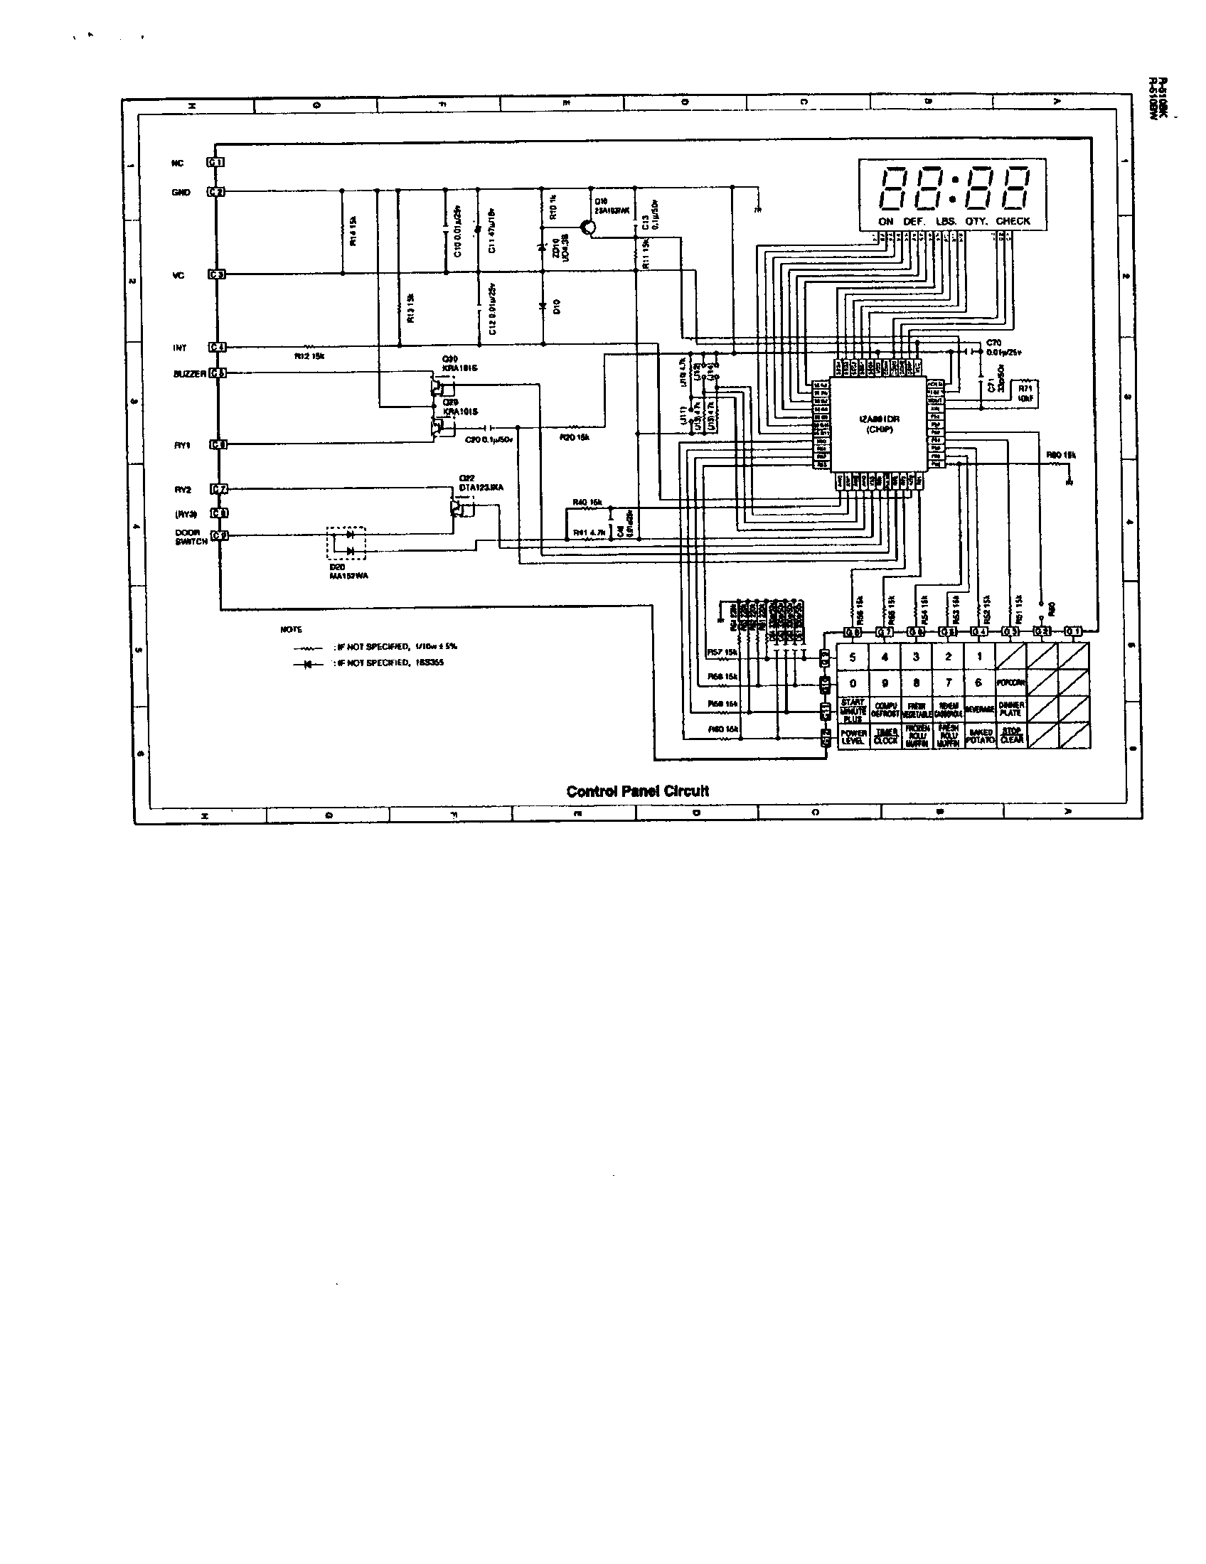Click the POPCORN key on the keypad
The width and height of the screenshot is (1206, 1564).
tap(1010, 682)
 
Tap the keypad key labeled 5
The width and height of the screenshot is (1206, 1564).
tap(852, 656)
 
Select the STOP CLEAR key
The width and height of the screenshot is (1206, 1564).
tap(1010, 736)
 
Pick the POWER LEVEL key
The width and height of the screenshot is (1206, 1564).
tap(852, 737)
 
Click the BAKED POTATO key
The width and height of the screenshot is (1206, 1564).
tap(979, 737)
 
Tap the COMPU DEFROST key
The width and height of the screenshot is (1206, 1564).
tap(885, 709)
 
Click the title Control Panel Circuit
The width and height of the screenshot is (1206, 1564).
tap(636, 791)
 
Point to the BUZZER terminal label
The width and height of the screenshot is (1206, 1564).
tap(190, 374)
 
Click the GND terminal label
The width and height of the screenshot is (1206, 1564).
tap(181, 193)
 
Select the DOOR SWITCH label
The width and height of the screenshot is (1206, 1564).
tap(191, 537)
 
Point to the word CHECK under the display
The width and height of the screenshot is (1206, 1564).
tap(1012, 221)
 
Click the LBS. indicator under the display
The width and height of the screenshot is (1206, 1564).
tap(945, 221)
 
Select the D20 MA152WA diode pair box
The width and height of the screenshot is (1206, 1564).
tap(346, 544)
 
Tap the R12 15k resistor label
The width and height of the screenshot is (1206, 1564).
tap(309, 356)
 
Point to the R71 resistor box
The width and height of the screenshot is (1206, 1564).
tap(1025, 392)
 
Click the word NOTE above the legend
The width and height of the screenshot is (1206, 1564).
tap(291, 629)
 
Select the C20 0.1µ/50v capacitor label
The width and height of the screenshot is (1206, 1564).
tap(489, 439)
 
